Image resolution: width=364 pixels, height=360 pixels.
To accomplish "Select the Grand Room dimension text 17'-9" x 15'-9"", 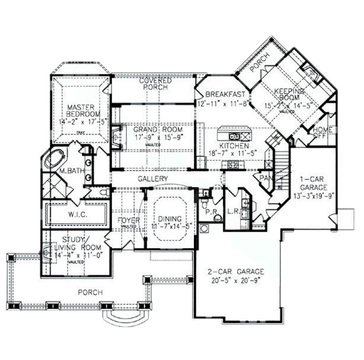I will click(158, 137).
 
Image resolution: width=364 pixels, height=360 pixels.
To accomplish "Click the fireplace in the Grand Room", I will click(117, 137).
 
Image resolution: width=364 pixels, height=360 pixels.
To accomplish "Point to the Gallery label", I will click(153, 179).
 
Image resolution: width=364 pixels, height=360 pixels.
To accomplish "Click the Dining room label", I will click(170, 219).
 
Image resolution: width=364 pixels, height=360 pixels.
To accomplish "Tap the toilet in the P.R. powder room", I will click(217, 217).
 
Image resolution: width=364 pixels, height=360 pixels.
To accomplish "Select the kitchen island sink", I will click(234, 136).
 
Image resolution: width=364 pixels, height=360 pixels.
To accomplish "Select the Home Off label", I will click(323, 132).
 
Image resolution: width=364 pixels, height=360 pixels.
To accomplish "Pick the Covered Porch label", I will click(155, 84).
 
